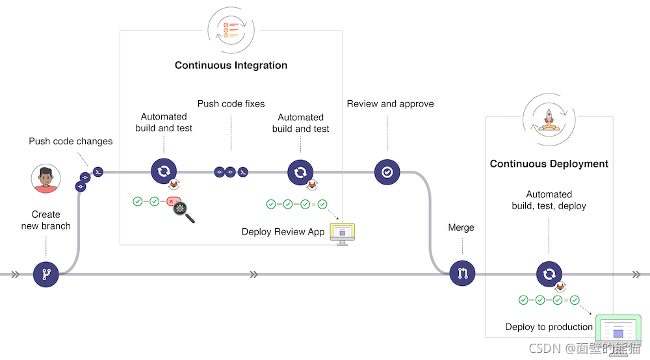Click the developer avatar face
(46, 177)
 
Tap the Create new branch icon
(46, 274)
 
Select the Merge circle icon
(462, 274)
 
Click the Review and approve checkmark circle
(387, 172)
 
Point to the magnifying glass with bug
(182, 211)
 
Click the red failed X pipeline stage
(173, 202)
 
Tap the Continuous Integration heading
(231, 65)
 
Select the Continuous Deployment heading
(549, 164)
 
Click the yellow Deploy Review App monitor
(343, 232)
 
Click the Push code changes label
(71, 141)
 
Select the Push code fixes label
(231, 104)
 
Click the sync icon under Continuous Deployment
(549, 274)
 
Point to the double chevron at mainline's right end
(636, 274)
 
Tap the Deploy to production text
(549, 327)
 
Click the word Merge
(461, 227)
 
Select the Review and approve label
(390, 104)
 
